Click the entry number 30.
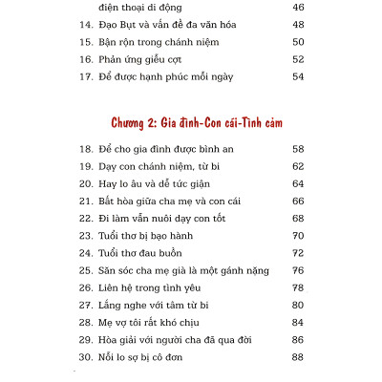click(82, 356)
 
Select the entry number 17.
click(82, 75)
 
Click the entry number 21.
click(82, 202)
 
